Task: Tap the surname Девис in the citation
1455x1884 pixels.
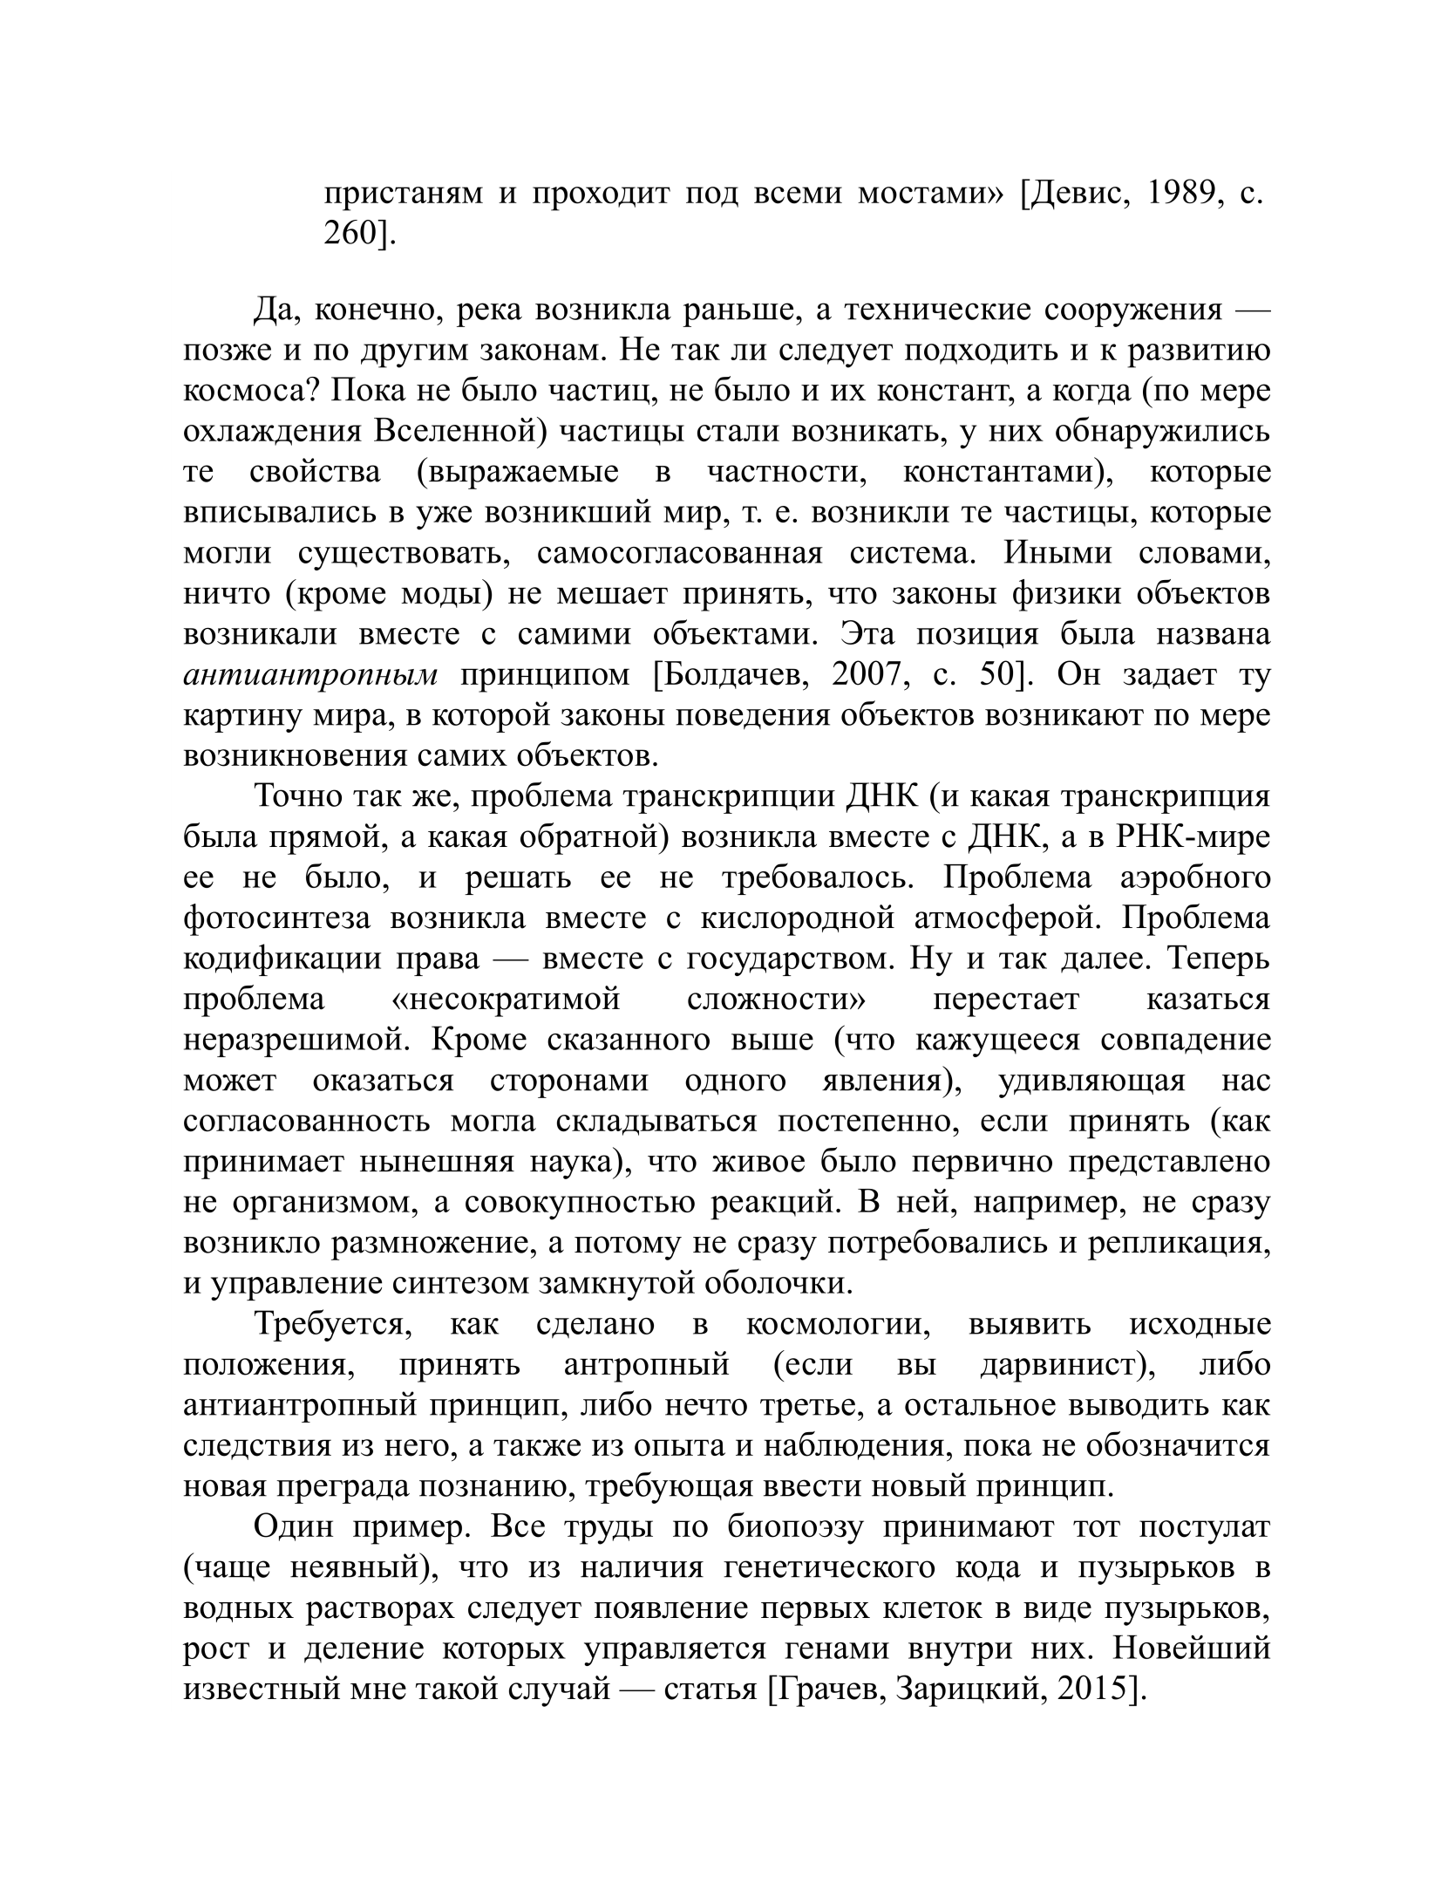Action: point(1076,193)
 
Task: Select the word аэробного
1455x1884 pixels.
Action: point(1194,877)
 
